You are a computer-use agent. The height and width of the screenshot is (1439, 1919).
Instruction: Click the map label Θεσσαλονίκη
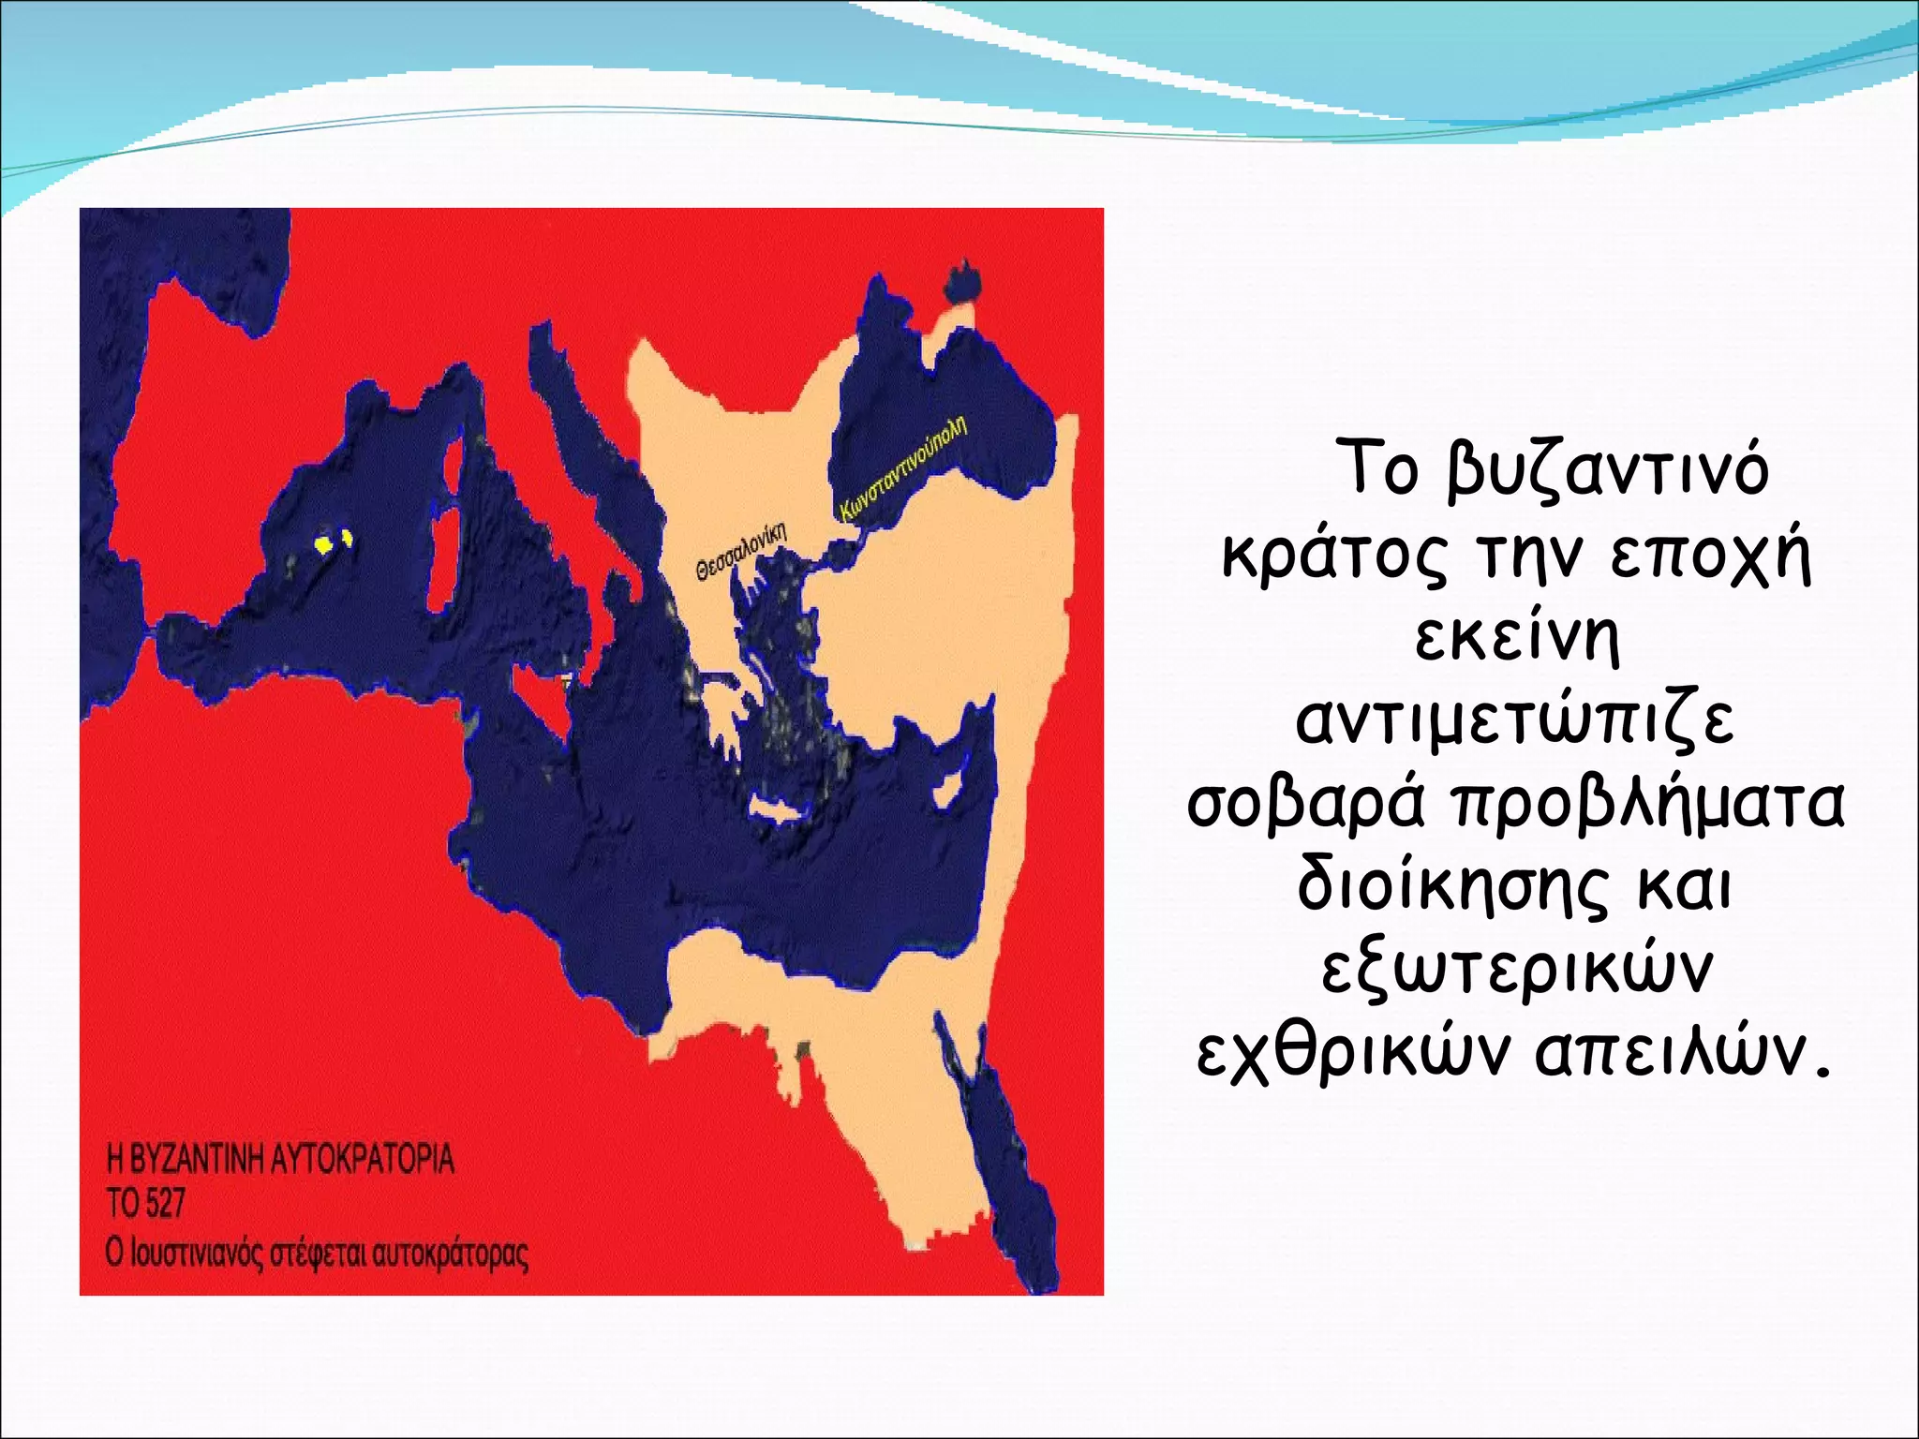pos(740,552)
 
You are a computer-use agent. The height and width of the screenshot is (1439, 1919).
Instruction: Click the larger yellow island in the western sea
pos(323,544)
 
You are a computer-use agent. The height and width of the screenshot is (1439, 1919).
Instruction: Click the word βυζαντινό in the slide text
pos(1606,471)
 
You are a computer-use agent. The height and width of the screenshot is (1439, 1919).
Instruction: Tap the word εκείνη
pos(1516,639)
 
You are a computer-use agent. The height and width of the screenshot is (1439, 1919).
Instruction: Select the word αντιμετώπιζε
pos(1515,722)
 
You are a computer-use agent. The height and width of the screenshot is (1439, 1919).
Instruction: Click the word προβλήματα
pos(1649,806)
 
